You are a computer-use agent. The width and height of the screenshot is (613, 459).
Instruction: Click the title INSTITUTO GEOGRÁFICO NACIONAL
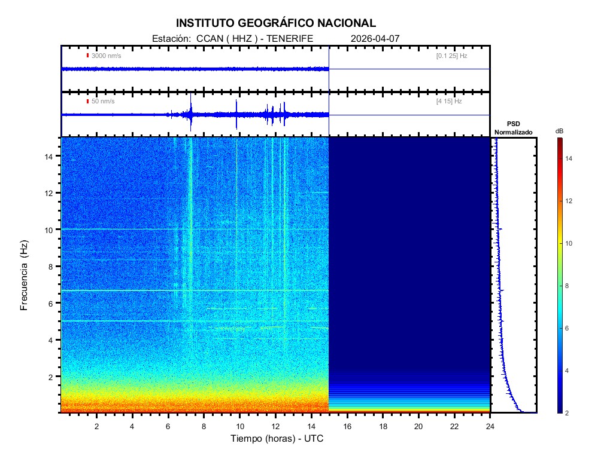276,23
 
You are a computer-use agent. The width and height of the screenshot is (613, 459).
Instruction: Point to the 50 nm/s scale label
103,102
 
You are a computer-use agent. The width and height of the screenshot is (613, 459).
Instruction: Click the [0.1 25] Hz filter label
451,56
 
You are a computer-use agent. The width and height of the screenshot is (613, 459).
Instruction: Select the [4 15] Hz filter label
449,102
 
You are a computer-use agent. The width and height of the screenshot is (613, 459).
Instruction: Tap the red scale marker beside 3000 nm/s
87,56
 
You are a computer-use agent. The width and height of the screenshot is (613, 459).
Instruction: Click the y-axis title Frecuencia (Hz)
25,276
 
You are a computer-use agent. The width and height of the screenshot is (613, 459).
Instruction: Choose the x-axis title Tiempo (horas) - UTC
277,439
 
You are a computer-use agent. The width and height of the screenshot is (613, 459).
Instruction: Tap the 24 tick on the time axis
490,426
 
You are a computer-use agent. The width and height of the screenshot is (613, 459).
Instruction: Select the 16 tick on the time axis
347,426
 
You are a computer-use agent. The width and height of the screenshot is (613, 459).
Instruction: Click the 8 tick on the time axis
204,426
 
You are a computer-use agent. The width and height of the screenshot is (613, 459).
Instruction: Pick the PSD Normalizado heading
514,128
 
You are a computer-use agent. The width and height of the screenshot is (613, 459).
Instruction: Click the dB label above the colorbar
559,131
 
